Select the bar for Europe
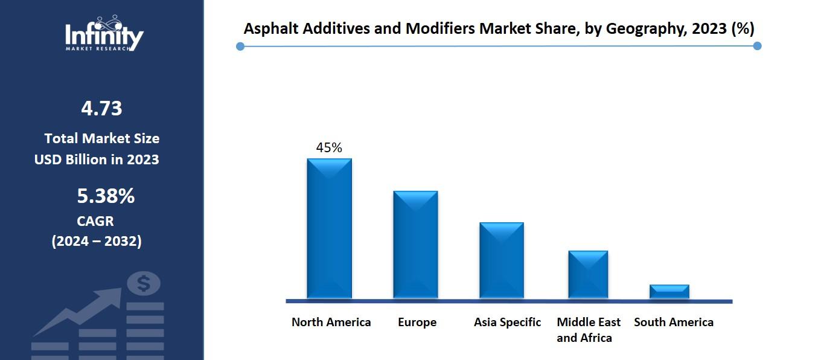click(x=415, y=245)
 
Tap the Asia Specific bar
click(x=502, y=260)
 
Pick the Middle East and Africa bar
click(x=588, y=274)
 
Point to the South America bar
click(x=669, y=291)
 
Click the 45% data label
click(x=329, y=147)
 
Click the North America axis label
click(x=331, y=322)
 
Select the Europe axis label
click(x=417, y=322)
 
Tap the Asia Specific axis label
click(x=507, y=322)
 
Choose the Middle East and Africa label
click(x=588, y=330)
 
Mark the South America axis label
click(x=673, y=322)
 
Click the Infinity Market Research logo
click(x=104, y=34)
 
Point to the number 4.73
click(x=101, y=109)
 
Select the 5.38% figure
click(x=106, y=196)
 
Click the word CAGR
click(x=95, y=221)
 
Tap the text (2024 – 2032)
click(x=97, y=241)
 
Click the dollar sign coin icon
click(x=144, y=283)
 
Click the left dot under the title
click(x=240, y=46)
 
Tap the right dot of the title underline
click(x=758, y=46)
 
